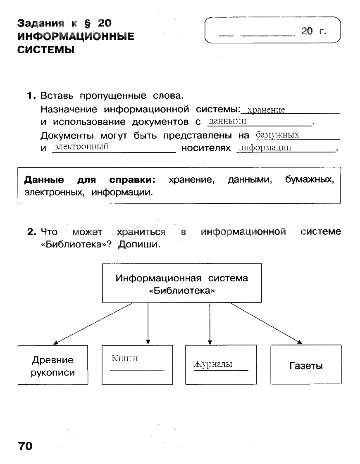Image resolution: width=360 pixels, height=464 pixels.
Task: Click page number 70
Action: pos(25,446)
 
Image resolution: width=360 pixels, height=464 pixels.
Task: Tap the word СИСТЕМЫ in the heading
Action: pos(45,50)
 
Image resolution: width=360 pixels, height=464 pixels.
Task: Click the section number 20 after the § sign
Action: pos(105,23)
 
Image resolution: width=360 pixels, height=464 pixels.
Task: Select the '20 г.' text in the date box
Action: pos(314,31)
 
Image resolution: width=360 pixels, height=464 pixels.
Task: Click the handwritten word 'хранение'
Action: pos(266,110)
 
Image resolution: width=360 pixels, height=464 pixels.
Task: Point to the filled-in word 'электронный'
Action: pos(81,146)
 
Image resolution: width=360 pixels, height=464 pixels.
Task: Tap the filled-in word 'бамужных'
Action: pos(277,135)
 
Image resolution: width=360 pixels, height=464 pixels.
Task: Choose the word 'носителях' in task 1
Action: pos(206,148)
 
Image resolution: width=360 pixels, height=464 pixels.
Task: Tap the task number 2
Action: pos(31,232)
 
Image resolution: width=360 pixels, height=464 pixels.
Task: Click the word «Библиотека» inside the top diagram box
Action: pos(182,290)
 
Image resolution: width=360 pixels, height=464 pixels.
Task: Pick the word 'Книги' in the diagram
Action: pos(124,359)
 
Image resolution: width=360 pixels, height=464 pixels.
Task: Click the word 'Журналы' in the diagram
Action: pos(212,364)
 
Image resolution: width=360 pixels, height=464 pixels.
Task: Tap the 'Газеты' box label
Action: pos(306,366)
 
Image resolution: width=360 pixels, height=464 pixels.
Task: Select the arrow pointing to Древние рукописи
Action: pos(93,324)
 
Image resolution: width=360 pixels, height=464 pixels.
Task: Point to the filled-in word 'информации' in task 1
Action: pos(265,148)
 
